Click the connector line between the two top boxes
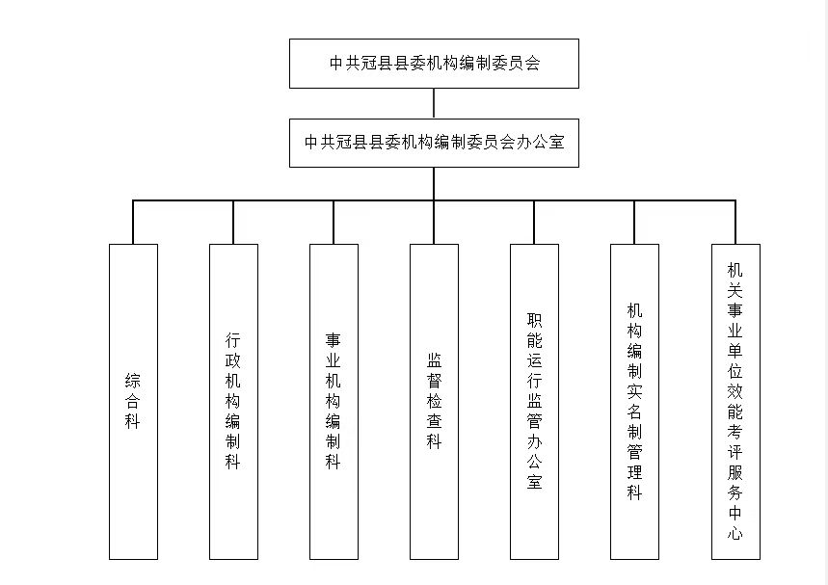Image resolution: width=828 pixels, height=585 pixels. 434,103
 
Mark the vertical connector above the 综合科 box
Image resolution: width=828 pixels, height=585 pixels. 133,223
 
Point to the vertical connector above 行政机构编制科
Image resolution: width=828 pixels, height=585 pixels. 233,223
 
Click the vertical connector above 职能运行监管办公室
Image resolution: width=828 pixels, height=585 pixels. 534,223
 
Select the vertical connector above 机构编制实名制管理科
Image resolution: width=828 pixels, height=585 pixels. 634,223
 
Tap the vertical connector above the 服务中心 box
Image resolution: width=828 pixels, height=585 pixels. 735,223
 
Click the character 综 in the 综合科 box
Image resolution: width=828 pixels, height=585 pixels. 133,381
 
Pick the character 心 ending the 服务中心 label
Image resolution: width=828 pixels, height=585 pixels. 735,533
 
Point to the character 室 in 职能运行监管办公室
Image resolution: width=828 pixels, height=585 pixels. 534,482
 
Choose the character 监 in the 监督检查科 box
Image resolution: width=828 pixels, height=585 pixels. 434,360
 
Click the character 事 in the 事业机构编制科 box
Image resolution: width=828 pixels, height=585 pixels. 334,340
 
